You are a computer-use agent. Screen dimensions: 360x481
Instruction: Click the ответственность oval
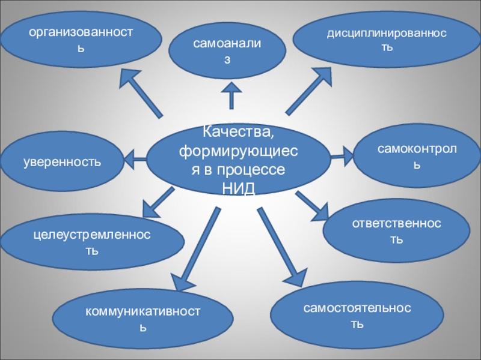click(397, 232)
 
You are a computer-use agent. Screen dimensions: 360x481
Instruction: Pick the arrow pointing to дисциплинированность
click(308, 90)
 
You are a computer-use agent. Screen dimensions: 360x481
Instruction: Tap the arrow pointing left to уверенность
click(136, 160)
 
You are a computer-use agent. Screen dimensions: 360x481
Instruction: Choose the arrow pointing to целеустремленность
click(158, 202)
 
